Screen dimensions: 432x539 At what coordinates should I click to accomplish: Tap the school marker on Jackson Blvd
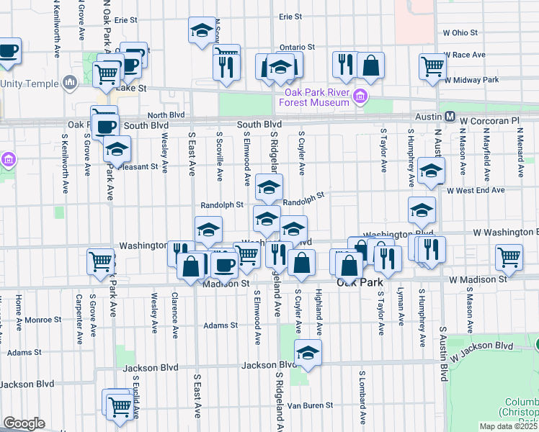pyautogui.click(x=308, y=353)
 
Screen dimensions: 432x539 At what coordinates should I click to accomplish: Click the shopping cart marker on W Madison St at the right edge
pyautogui.click(x=509, y=257)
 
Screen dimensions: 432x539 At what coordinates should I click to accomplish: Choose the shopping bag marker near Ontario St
pyautogui.click(x=370, y=65)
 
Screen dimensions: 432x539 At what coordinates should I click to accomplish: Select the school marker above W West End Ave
pyautogui.click(x=431, y=171)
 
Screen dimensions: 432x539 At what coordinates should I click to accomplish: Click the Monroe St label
pyautogui.click(x=43, y=319)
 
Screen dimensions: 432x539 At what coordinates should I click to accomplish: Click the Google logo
pyautogui.click(x=24, y=423)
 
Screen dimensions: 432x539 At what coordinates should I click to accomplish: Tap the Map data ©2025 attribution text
pyautogui.click(x=507, y=426)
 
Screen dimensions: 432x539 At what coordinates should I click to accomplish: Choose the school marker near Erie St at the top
pyautogui.click(x=202, y=30)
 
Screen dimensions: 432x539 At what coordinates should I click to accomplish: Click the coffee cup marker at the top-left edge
pyautogui.click(x=8, y=50)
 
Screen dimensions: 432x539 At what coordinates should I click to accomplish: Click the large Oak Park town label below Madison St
pyautogui.click(x=360, y=283)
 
